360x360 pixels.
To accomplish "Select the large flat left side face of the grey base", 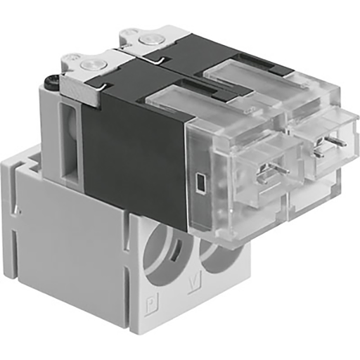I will [x=70, y=239].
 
